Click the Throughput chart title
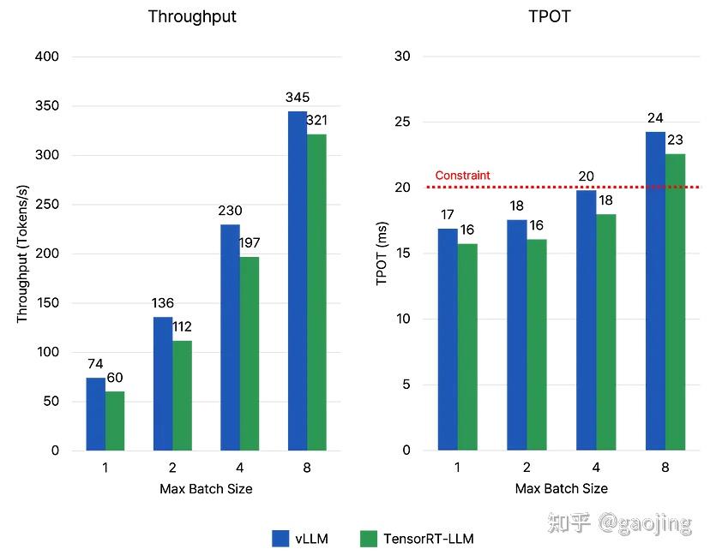click(x=191, y=16)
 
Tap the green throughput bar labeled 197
click(x=250, y=353)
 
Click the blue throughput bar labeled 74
click(x=95, y=414)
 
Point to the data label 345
click(x=298, y=98)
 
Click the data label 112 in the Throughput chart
click(x=182, y=328)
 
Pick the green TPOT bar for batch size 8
click(x=676, y=301)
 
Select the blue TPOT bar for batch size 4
click(x=586, y=319)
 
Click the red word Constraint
click(x=462, y=176)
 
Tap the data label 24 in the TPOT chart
click(x=655, y=118)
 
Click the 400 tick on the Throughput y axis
click(x=47, y=57)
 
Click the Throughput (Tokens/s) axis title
click(x=22, y=254)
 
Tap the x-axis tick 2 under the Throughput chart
click(x=172, y=468)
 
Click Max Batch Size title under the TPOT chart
click(x=561, y=488)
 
